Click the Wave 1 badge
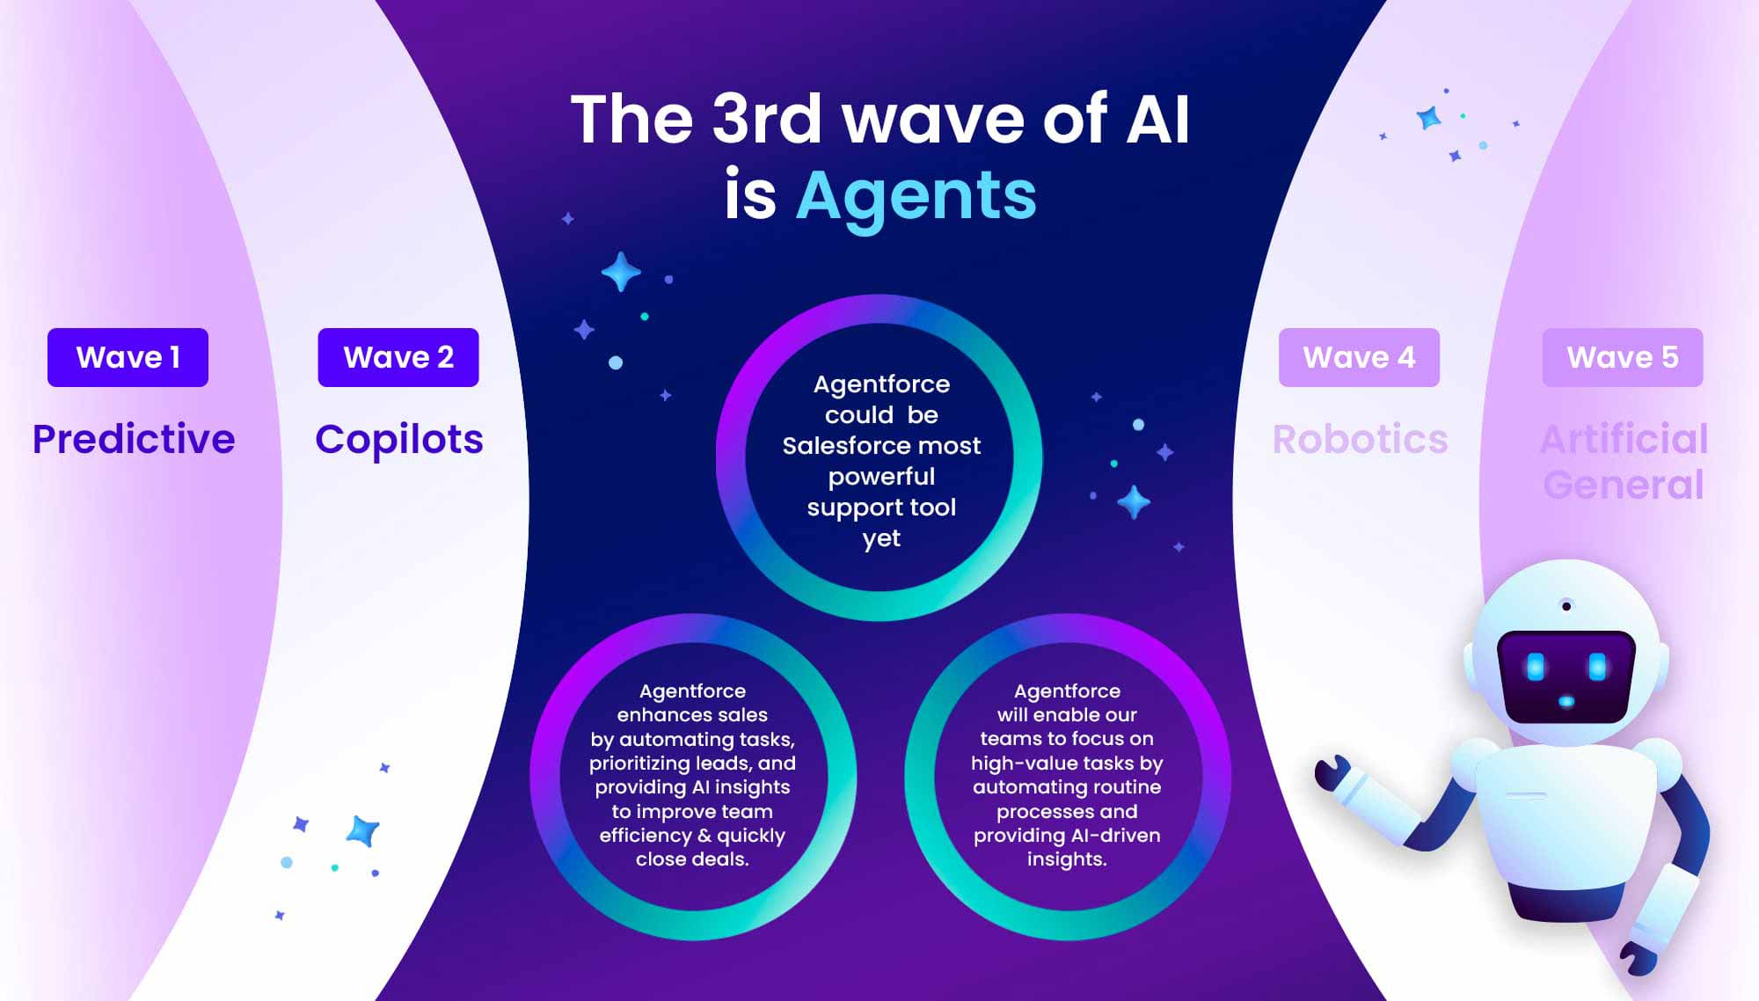[128, 357]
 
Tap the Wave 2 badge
[398, 357]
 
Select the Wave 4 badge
[1359, 357]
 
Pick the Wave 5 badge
[1623, 357]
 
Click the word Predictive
[134, 439]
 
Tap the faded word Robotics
[1360, 439]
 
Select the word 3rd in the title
[766, 119]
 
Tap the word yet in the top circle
[881, 539]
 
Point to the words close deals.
[692, 859]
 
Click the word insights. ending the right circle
[1067, 859]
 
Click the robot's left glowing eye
[1536, 667]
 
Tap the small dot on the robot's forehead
[1566, 606]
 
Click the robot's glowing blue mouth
[1566, 701]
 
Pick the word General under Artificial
[1624, 485]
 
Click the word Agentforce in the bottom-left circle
[692, 692]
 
